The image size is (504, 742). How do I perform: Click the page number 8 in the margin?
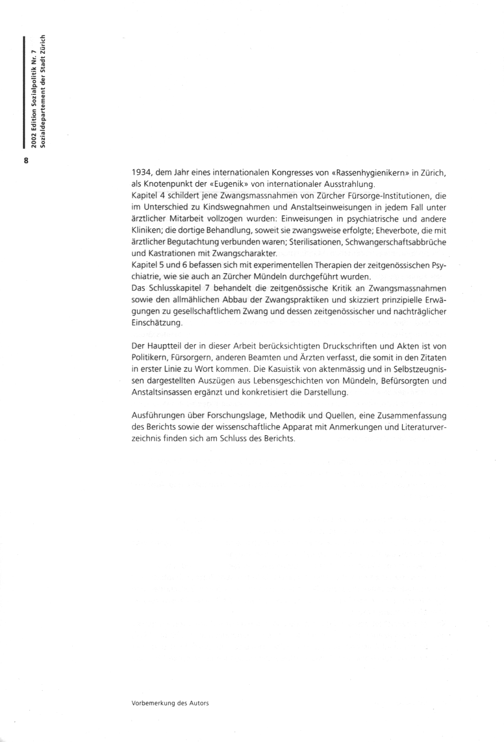tap(26, 160)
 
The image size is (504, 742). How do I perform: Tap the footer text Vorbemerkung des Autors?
tap(170, 703)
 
